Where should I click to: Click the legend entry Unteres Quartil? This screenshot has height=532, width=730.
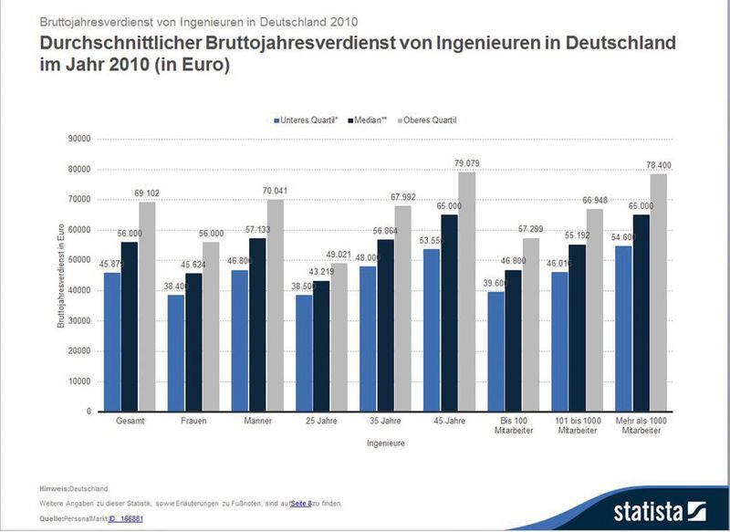(x=308, y=120)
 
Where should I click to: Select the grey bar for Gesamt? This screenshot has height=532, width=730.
(x=146, y=307)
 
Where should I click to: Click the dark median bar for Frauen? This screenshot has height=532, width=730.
(x=193, y=342)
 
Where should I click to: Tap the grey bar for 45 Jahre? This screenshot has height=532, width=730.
(x=466, y=291)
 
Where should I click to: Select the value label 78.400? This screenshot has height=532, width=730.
(x=659, y=165)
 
